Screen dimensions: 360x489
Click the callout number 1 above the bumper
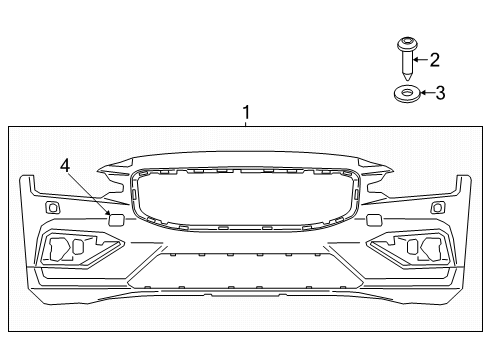click(x=245, y=114)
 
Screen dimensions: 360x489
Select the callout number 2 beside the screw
click(x=434, y=59)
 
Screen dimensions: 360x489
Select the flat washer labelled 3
click(x=405, y=94)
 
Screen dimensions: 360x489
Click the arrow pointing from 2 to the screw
click(x=422, y=59)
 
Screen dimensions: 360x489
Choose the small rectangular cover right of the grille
click(x=374, y=219)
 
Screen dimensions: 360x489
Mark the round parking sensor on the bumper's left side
click(x=52, y=207)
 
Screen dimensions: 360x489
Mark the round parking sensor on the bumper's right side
click(x=437, y=207)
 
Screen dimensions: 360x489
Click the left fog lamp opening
click(x=75, y=247)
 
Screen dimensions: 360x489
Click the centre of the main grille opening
click(x=245, y=198)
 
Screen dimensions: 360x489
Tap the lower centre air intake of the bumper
click(x=245, y=268)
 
